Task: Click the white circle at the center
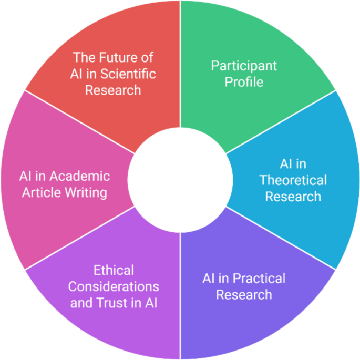(180, 180)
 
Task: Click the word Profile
(244, 81)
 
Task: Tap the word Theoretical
(293, 180)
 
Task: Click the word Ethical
(114, 271)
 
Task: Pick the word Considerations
(114, 286)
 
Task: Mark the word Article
(45, 192)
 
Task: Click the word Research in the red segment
(113, 89)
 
